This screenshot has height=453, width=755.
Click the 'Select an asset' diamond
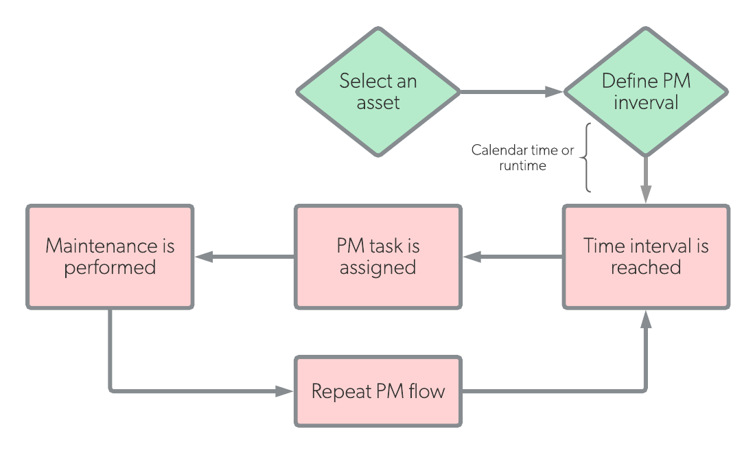pos(378,91)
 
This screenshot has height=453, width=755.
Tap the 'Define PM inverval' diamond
pos(646,91)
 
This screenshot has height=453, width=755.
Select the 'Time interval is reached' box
pos(646,257)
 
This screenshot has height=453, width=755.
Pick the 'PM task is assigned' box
pos(378,257)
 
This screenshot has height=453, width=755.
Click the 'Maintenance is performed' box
pos(110,257)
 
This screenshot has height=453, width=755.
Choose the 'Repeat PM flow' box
pos(378,391)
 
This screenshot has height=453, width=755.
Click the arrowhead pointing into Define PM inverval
pos(554,91)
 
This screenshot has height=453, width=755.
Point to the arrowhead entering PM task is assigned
pos(472,257)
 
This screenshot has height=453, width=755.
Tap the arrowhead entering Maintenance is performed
pos(204,257)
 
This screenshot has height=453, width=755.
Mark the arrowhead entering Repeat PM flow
pos(284,391)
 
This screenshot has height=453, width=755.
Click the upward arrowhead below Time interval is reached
pos(646,319)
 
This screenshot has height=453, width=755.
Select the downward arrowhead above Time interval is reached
pos(646,194)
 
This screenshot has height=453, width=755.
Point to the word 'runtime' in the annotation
pos(522,165)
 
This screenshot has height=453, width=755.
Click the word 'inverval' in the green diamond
pos(646,102)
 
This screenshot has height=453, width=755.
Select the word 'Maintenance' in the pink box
pos(101,246)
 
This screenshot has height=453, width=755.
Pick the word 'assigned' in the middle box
pos(378,268)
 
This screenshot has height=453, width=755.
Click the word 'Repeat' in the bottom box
pos(341,391)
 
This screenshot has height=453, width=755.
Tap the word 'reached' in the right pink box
pos(646,267)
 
